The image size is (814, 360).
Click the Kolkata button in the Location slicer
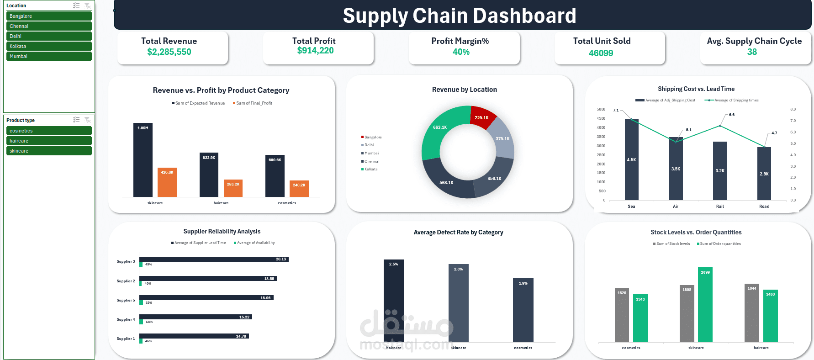click(49, 46)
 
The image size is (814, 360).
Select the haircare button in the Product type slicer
click(49, 141)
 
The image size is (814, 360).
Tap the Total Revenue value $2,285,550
click(169, 52)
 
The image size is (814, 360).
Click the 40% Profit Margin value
click(461, 52)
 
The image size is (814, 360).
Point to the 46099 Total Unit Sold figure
click(601, 53)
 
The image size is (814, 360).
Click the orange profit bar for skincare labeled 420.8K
click(167, 183)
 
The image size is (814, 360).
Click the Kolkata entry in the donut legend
click(370, 169)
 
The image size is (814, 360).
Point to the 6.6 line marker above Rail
click(720, 126)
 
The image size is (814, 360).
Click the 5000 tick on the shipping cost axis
click(601, 109)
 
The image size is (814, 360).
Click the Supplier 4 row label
click(126, 319)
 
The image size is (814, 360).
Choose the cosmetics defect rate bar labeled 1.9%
click(523, 311)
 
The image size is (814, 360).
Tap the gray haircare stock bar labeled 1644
click(751, 313)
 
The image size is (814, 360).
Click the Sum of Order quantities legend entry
click(719, 244)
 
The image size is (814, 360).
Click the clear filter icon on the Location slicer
click(87, 5)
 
